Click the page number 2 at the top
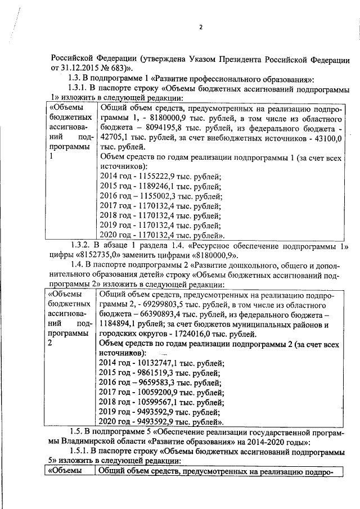pos(200,28)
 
